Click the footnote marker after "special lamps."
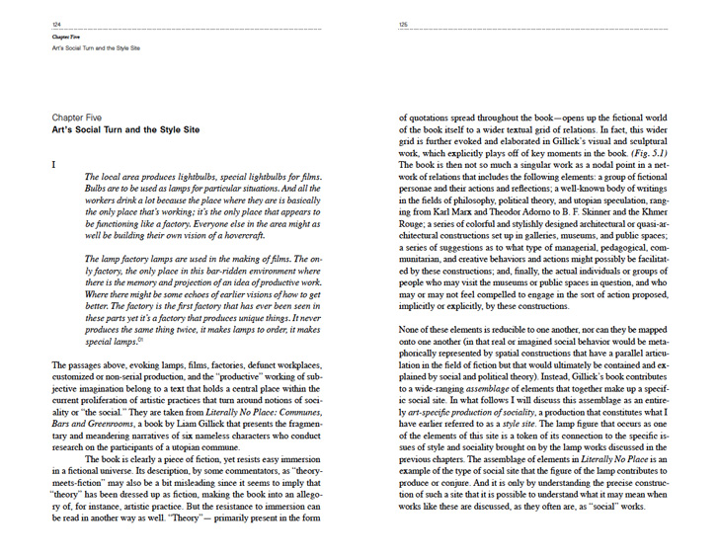pos(142,339)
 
